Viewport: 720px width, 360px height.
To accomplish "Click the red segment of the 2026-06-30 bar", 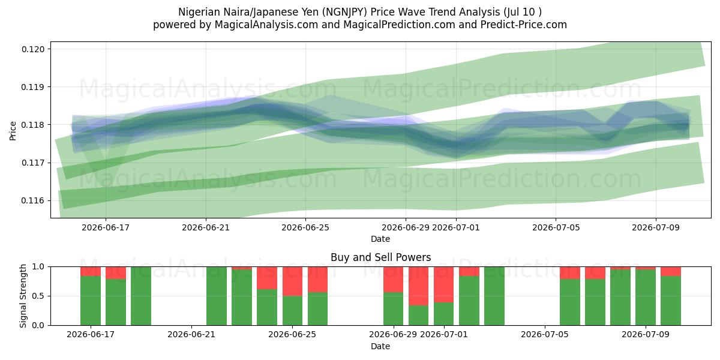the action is (x=419, y=286).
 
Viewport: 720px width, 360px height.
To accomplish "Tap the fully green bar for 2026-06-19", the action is (x=141, y=296).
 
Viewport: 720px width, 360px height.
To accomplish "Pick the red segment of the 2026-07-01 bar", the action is (x=443, y=284).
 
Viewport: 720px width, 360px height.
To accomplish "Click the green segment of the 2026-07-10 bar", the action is (x=671, y=301).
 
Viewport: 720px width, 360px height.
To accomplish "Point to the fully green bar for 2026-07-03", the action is (x=494, y=296).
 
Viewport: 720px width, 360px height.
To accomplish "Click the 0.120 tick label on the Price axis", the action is (x=33, y=49).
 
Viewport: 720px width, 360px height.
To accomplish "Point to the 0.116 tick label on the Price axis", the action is (x=33, y=200).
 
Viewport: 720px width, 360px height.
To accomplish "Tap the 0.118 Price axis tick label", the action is (x=33, y=125).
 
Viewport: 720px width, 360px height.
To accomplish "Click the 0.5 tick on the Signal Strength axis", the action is (x=38, y=296).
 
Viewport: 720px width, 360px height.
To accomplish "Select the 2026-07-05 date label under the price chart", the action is (x=556, y=227).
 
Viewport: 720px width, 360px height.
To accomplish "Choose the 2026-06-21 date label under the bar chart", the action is (x=191, y=334).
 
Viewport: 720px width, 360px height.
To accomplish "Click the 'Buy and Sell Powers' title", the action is (x=380, y=257).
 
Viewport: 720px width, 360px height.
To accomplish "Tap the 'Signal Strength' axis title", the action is (x=23, y=296).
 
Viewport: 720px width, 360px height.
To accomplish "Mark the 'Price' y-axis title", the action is (x=13, y=131).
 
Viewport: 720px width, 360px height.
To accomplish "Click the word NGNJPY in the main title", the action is (x=345, y=12).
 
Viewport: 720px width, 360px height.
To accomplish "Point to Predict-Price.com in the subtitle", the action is (x=524, y=25).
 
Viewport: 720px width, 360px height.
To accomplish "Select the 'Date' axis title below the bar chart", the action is (x=380, y=346).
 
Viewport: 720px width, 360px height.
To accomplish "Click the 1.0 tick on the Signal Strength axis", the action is (x=38, y=267).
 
